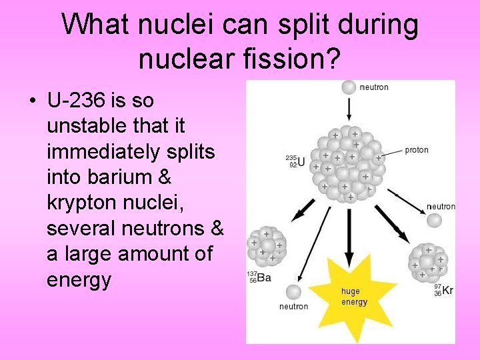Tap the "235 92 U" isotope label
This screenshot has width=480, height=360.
(295, 161)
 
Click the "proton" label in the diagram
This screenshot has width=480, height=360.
(417, 150)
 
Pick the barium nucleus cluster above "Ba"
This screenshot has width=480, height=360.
(267, 246)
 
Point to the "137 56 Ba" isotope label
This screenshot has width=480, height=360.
(259, 277)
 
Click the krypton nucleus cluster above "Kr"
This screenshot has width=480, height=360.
(428, 261)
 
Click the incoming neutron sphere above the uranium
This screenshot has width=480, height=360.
(349, 87)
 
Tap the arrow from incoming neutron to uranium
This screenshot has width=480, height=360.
(349, 109)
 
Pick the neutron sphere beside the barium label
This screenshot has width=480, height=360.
(293, 291)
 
